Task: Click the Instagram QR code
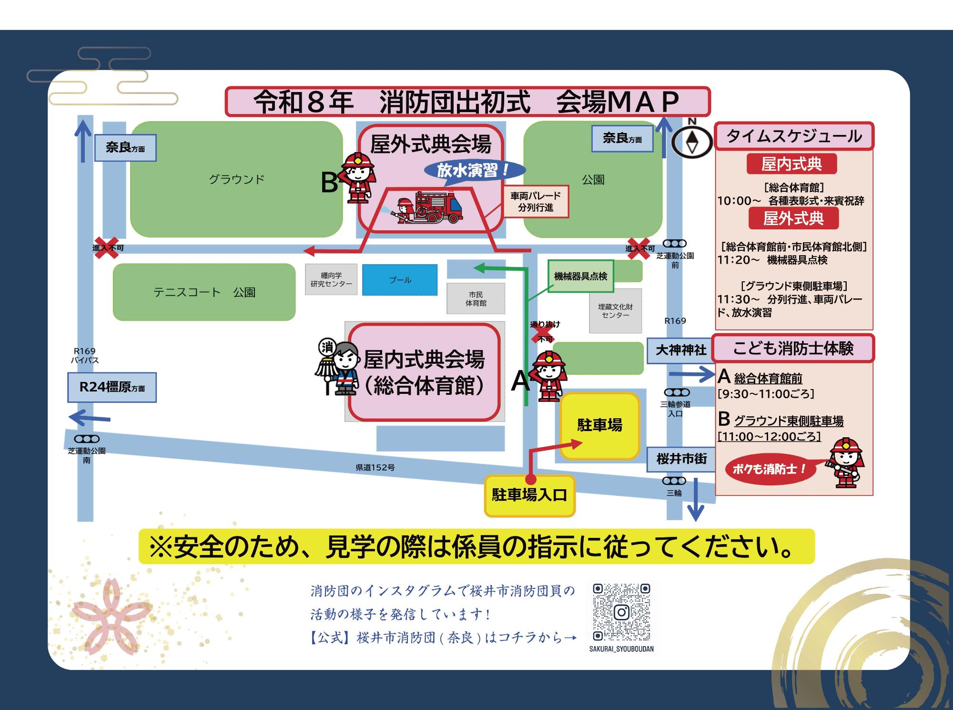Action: pyautogui.click(x=621, y=612)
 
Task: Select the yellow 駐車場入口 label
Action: pyautogui.click(x=529, y=495)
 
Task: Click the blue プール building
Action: pyautogui.click(x=400, y=280)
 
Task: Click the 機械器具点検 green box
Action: pyautogui.click(x=580, y=276)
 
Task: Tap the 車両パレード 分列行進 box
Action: pyautogui.click(x=536, y=202)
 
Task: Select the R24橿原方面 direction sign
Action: pyautogui.click(x=112, y=387)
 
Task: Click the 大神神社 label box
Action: pyautogui.click(x=680, y=350)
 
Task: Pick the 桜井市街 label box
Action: pyautogui.click(x=681, y=459)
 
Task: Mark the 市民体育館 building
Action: pyautogui.click(x=476, y=299)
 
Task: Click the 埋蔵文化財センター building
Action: pyautogui.click(x=615, y=311)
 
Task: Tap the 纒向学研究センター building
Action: pyautogui.click(x=331, y=279)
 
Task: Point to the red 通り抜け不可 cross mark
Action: pyautogui.click(x=542, y=333)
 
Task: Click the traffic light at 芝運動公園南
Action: pyautogui.click(x=87, y=439)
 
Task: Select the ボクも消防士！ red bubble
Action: pyautogui.click(x=768, y=469)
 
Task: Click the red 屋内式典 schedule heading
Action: pyautogui.click(x=791, y=164)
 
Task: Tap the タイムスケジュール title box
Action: pyautogui.click(x=794, y=136)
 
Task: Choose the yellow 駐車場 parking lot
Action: pyautogui.click(x=599, y=425)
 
